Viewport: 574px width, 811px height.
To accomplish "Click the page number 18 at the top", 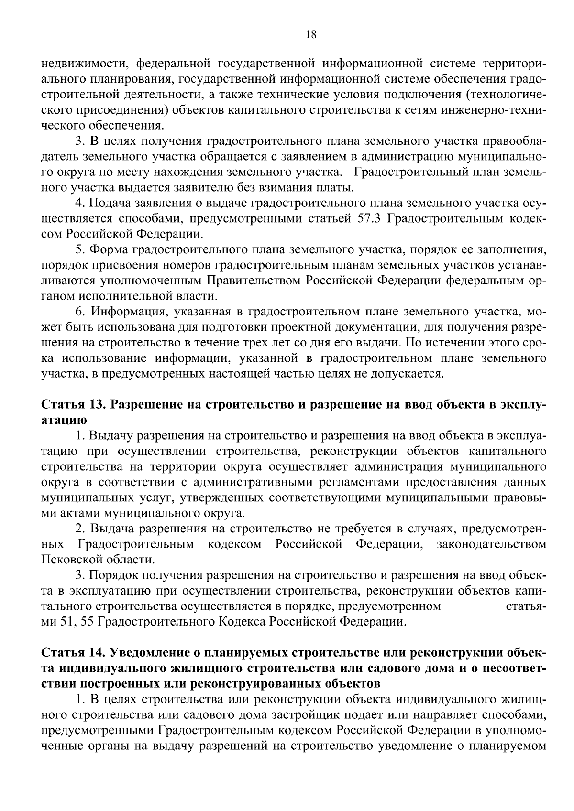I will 310,34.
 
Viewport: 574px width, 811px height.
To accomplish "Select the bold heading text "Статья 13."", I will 73,405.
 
